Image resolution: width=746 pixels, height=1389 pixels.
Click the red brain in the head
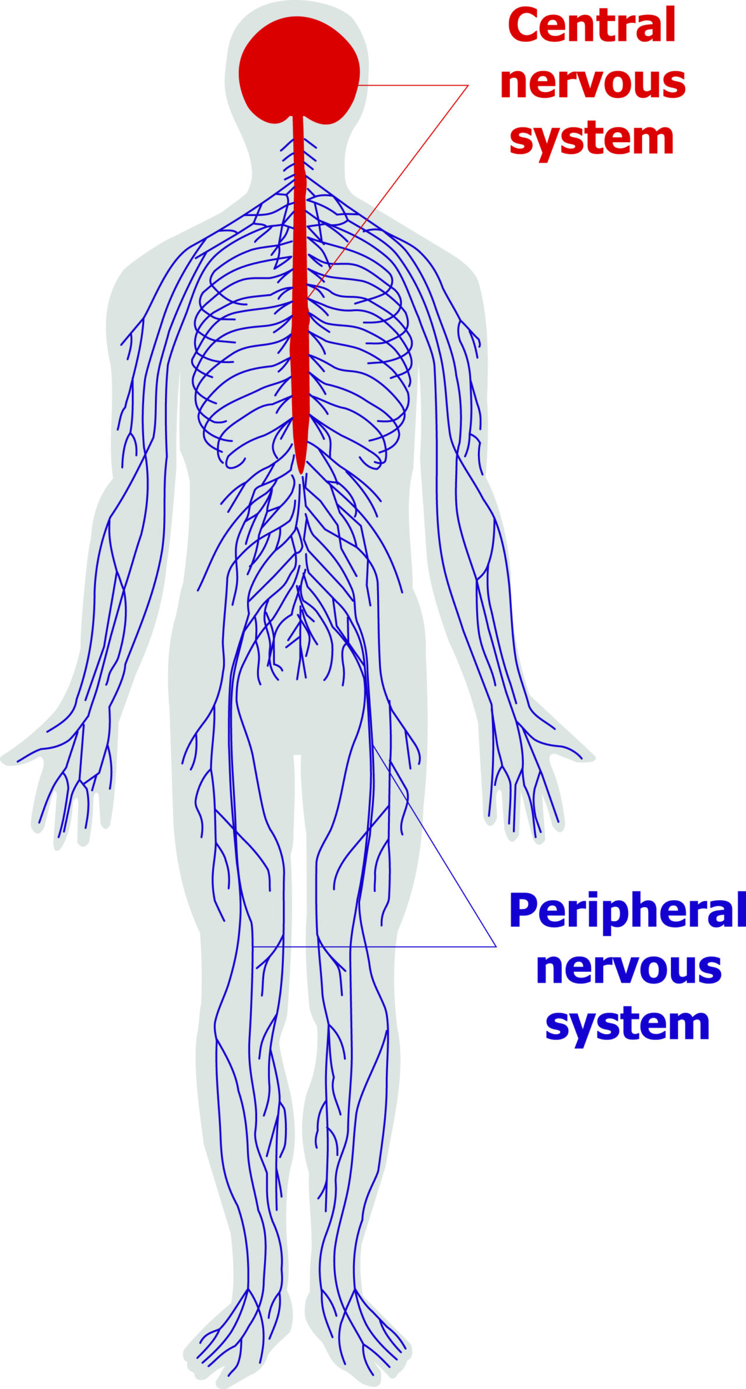tap(299, 70)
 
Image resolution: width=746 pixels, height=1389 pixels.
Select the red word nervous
tap(593, 83)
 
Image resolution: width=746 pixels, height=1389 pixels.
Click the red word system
tap(592, 138)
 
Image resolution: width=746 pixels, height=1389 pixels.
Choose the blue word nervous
tap(629, 968)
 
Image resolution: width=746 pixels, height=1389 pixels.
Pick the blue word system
tap(628, 1023)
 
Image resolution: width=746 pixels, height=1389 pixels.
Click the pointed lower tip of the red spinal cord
tap(300, 473)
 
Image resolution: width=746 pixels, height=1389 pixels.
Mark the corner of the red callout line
tap(468, 86)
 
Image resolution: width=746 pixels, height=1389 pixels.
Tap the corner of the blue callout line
tap(496, 946)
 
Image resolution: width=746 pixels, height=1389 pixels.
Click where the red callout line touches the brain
tap(359, 85)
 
